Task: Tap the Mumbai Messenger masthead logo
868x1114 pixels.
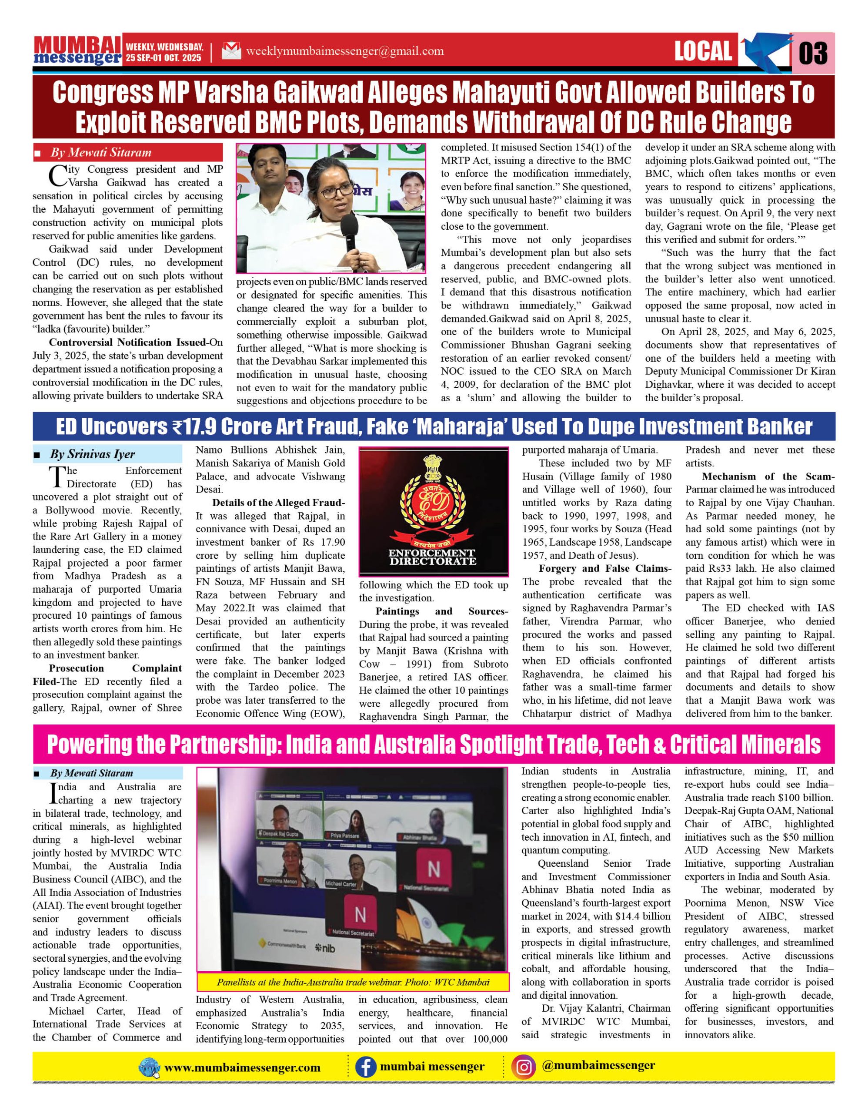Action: (78, 50)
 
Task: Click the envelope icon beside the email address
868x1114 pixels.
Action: (231, 51)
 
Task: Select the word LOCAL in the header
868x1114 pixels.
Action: (703, 51)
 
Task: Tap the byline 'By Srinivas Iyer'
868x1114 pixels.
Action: (92, 454)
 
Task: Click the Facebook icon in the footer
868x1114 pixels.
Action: (365, 1067)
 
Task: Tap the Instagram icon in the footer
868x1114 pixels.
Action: (524, 1067)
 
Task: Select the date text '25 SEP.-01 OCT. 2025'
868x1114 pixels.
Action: (164, 58)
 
